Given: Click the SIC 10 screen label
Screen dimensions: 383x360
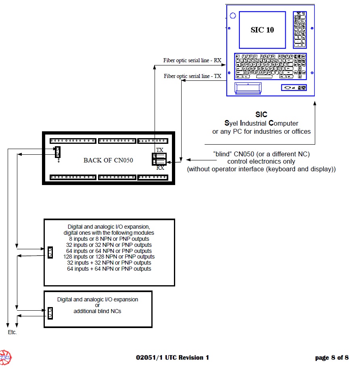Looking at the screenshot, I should (x=262, y=30).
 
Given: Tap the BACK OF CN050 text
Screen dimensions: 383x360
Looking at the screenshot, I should (x=108, y=160).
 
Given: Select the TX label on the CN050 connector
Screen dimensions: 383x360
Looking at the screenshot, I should (x=160, y=150).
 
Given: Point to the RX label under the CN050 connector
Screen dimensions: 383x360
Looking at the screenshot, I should (x=160, y=168).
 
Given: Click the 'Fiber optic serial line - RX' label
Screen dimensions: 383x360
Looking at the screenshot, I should (x=192, y=61).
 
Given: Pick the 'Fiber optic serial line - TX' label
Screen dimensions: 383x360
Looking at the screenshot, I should (x=193, y=76).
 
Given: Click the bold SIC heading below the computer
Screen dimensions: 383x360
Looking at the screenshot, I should (x=261, y=115).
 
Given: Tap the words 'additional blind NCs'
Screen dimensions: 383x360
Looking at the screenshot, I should (x=97, y=311).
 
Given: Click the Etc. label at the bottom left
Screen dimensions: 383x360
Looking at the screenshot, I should (x=13, y=332).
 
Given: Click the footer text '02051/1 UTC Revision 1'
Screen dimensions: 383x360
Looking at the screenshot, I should (x=173, y=358).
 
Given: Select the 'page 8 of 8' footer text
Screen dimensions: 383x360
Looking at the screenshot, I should (x=332, y=358).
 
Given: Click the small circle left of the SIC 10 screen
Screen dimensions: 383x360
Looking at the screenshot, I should (x=232, y=16).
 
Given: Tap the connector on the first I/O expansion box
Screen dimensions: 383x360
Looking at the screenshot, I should (x=50, y=253).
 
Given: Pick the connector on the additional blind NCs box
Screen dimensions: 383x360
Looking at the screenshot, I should (x=50, y=313).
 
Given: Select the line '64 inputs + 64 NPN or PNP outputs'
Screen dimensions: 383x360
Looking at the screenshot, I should (x=109, y=269).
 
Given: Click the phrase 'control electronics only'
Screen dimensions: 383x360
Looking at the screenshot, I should (x=261, y=162).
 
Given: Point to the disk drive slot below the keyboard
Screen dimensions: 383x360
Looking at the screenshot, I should (x=247, y=88).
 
